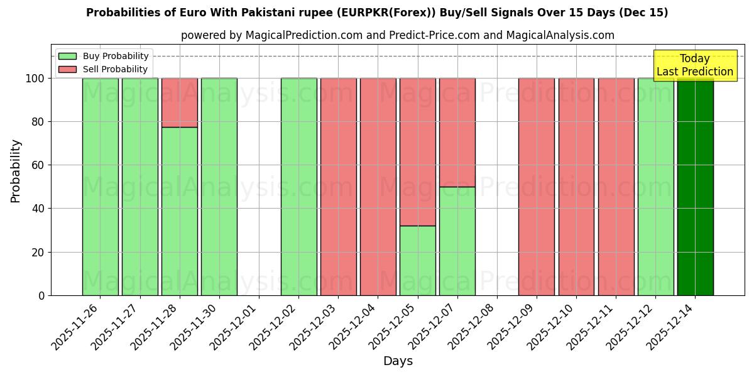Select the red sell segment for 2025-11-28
(x=180, y=102)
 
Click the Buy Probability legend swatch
(x=67, y=57)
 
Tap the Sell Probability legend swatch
(x=67, y=70)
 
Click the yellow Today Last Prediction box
(x=695, y=65)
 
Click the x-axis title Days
(x=398, y=361)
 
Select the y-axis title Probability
(x=16, y=170)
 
